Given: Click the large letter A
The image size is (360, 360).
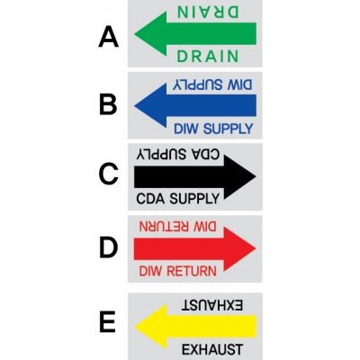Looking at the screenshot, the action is pyautogui.click(x=109, y=37).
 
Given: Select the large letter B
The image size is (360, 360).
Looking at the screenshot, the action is pyautogui.click(x=108, y=105).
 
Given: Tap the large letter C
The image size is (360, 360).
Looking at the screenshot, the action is pyautogui.click(x=108, y=174).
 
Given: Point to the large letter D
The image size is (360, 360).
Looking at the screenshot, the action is pyautogui.click(x=108, y=247).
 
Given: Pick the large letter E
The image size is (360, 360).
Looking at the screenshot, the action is pyautogui.click(x=107, y=322).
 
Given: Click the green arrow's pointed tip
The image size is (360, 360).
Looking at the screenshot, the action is pyautogui.click(x=134, y=33).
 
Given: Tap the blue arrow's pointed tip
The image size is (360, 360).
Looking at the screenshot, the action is pyautogui.click(x=134, y=105).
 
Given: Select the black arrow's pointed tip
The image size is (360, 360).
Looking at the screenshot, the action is pyautogui.click(x=256, y=176).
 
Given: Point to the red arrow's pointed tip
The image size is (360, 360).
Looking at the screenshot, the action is pyautogui.click(x=256, y=248).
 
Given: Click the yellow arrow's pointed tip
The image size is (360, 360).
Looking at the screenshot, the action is pyautogui.click(x=135, y=327).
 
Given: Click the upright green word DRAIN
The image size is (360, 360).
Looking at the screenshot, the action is pyautogui.click(x=208, y=56).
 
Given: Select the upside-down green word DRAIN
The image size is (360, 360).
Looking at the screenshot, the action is pyautogui.click(x=208, y=12).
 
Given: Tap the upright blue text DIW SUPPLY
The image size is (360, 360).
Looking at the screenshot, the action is pyautogui.click(x=213, y=129).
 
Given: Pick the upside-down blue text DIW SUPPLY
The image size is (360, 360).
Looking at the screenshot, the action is pyautogui.click(x=212, y=85).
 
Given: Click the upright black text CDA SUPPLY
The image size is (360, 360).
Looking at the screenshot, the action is pyautogui.click(x=178, y=198).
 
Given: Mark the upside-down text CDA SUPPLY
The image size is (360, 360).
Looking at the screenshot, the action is pyautogui.click(x=178, y=154).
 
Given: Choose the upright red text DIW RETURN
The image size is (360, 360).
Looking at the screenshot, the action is pyautogui.click(x=178, y=271).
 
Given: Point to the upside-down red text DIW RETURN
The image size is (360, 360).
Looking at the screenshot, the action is pyautogui.click(x=177, y=227).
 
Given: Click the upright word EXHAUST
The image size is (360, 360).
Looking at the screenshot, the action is pyautogui.click(x=212, y=349).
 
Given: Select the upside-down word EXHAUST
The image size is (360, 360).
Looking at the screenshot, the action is pyautogui.click(x=211, y=305).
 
